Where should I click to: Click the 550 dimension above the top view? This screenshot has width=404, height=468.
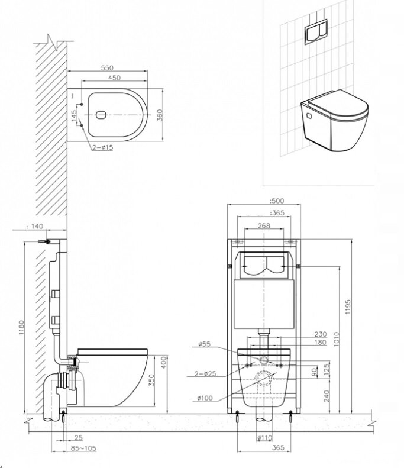coord(107,68)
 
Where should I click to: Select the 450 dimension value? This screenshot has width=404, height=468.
coord(114,78)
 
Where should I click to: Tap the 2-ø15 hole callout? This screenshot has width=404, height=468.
coord(103,147)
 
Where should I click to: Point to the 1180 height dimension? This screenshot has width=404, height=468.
coord(21,327)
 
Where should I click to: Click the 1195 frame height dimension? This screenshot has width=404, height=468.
coord(348,307)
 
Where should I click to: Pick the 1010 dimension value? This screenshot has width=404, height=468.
coord(336,339)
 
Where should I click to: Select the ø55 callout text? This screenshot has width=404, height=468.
coord(205,344)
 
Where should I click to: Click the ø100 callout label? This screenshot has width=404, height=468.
coord(205,398)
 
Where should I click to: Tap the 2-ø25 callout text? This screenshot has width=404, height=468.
coord(205,373)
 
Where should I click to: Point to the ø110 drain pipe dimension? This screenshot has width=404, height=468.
coord(264,438)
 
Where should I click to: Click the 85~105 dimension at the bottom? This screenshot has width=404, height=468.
coord(83,448)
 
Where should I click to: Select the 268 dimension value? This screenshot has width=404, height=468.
coord(264,225)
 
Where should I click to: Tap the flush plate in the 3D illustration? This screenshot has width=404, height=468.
coord(316,32)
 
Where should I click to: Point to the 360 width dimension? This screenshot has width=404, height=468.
coord(160,115)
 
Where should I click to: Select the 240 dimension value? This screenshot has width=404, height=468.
coord(327,396)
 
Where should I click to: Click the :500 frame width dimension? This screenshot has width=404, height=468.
coord(277,201)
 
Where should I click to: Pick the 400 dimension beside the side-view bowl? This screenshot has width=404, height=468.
coord(164,362)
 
